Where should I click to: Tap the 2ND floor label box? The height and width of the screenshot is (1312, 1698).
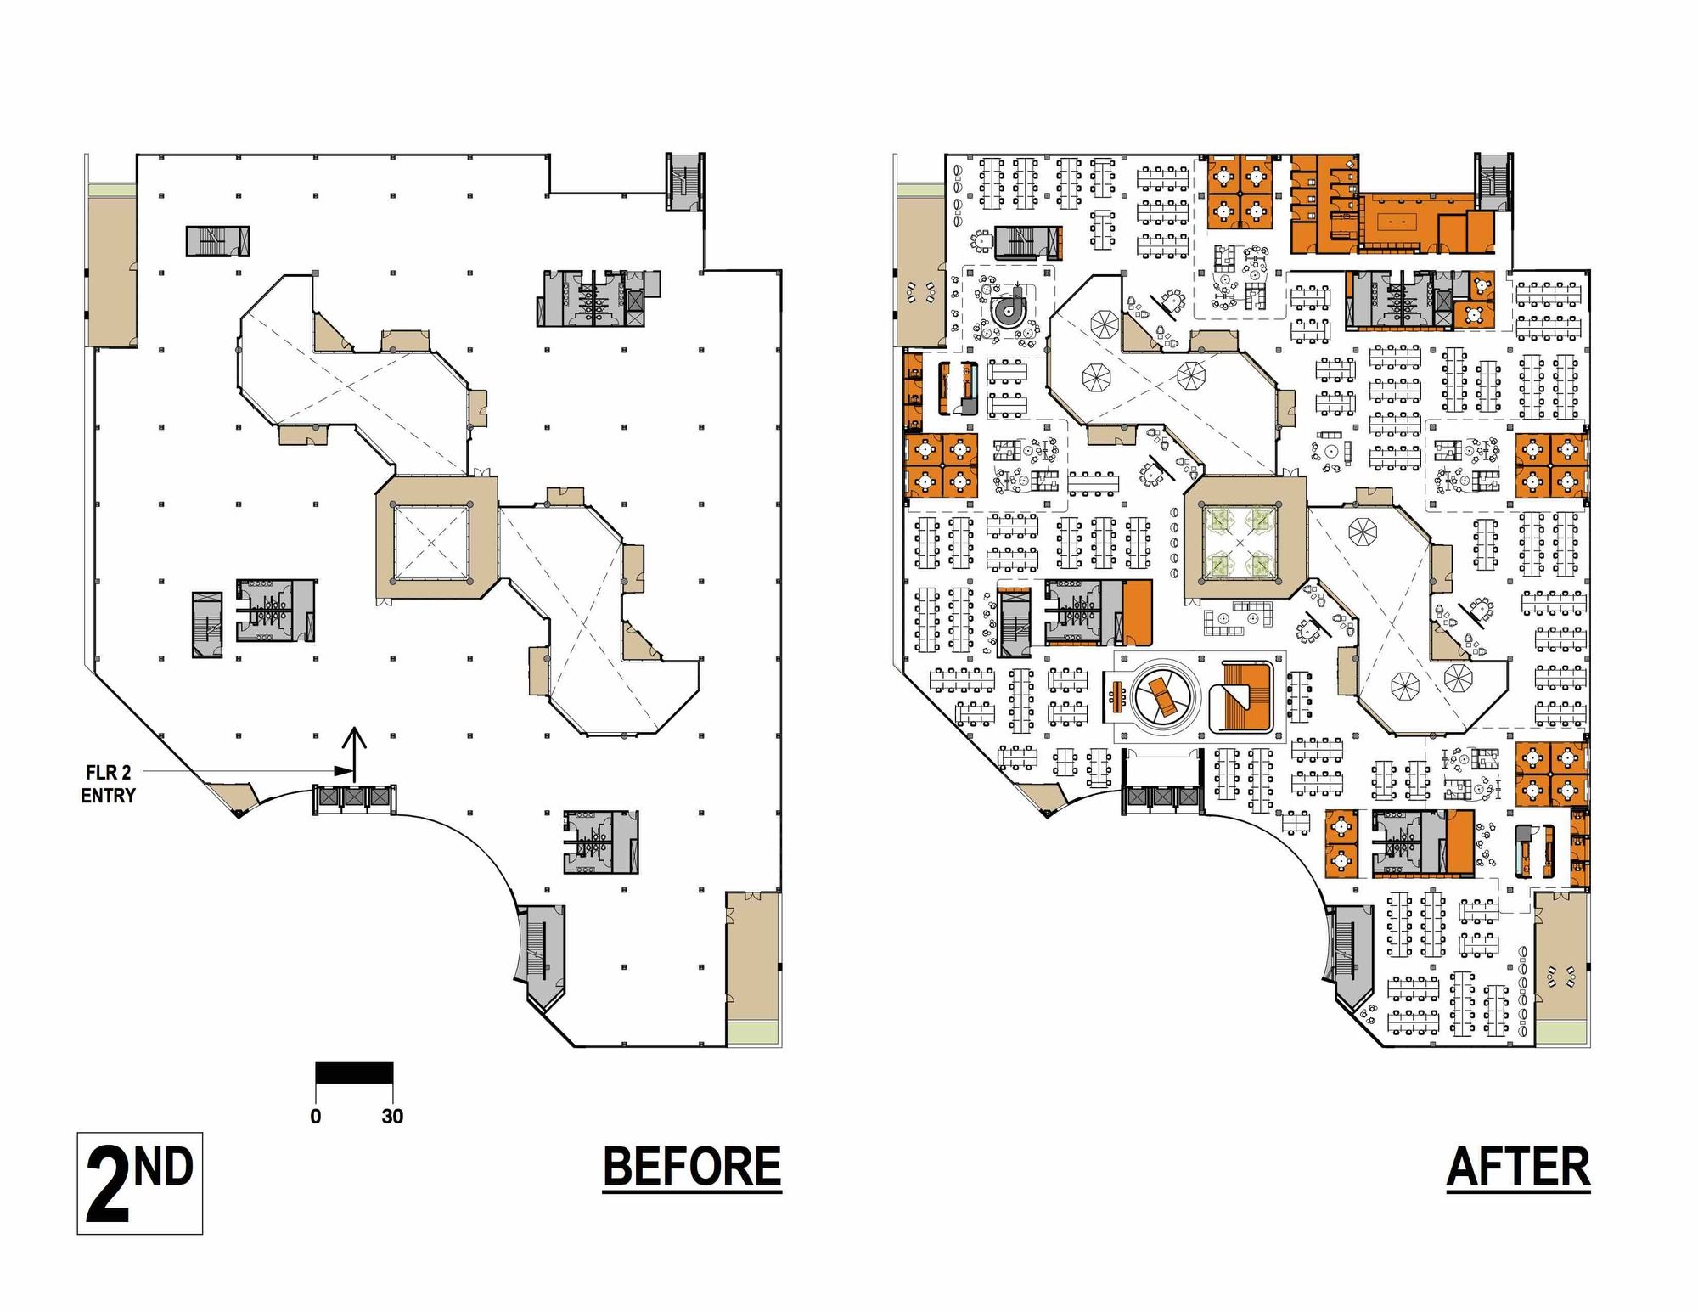point(140,1183)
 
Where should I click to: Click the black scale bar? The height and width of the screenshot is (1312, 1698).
point(354,1073)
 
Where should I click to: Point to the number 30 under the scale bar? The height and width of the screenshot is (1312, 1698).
point(392,1116)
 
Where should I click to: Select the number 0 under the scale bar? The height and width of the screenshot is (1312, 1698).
point(316,1116)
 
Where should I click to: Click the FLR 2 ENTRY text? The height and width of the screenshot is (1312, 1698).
point(108,784)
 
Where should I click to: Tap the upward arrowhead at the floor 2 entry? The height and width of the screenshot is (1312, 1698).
point(354,737)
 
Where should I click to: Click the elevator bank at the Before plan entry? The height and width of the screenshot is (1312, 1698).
point(354,798)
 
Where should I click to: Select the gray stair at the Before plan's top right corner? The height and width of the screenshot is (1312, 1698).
point(683,181)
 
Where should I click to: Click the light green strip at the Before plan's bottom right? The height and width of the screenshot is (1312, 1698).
point(752,1032)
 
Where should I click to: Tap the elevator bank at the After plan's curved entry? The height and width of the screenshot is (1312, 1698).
point(1162,798)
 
